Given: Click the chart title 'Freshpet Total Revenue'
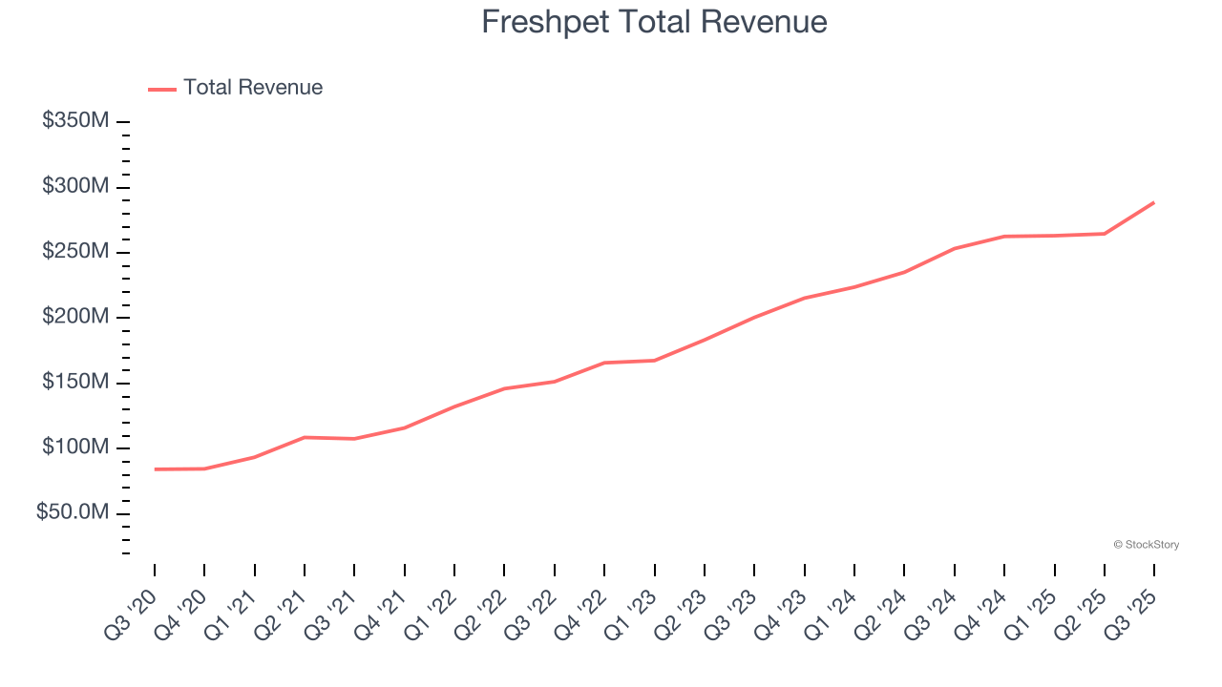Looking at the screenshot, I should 654,22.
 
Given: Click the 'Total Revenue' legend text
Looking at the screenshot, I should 253,88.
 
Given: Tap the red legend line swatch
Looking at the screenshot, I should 162,89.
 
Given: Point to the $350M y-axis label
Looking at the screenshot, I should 75,121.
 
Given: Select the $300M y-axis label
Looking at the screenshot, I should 75,186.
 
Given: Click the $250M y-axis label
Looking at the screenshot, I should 75,252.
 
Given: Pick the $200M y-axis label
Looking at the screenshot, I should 75,317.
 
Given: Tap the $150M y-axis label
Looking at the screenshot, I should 75,383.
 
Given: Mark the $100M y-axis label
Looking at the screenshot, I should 75,448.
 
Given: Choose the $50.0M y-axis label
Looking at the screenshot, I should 73,513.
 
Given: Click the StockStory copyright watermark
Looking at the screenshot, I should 1146,545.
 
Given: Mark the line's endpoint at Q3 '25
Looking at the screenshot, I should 1153,202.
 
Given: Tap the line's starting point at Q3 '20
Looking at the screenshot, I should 155,469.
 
